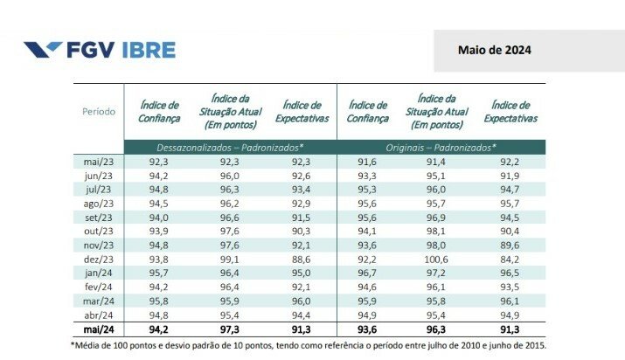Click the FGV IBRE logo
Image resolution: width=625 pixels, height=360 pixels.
coord(99,49)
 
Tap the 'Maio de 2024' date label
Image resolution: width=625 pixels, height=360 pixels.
coord(494,50)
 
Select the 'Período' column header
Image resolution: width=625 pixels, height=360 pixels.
coord(99,112)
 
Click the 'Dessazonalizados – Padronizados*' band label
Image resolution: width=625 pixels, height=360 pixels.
coord(230,147)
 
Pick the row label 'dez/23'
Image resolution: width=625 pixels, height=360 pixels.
coord(100,259)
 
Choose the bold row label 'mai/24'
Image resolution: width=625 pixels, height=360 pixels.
coord(99,329)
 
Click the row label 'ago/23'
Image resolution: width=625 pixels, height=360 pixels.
coord(100,203)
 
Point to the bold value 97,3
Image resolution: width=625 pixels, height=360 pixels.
coord(230,329)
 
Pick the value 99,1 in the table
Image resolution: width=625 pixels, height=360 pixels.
coord(230,259)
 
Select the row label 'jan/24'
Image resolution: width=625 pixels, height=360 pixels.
coord(100,273)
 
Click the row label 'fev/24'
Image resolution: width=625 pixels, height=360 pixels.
coord(100,287)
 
